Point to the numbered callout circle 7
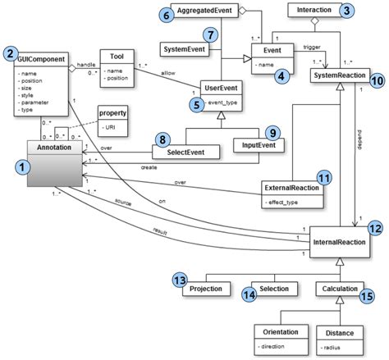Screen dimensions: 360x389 tap(211, 35)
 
